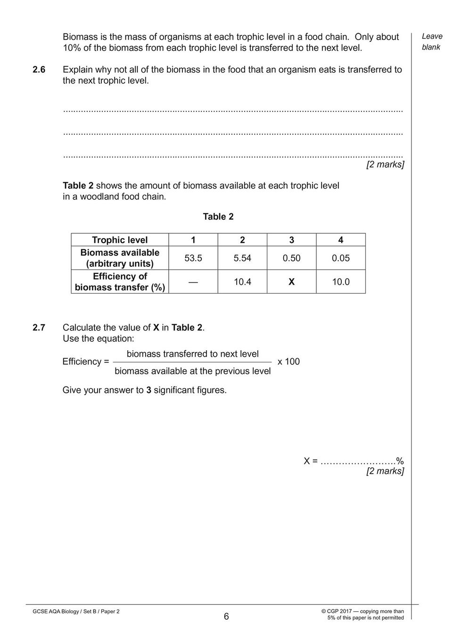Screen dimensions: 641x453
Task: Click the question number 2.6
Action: point(39,70)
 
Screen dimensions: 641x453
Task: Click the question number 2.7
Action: point(39,328)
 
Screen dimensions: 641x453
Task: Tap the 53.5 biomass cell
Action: point(193,258)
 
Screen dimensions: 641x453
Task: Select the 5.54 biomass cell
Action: point(242,258)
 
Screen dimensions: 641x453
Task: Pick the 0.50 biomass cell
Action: point(291,258)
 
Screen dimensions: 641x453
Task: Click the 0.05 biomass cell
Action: point(340,258)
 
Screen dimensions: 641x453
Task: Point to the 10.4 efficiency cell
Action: point(242,282)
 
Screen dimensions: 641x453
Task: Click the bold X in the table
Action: point(291,282)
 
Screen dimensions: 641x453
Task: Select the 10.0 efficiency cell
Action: point(340,282)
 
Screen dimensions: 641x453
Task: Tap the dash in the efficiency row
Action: point(193,281)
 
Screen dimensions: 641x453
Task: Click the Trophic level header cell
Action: point(120,240)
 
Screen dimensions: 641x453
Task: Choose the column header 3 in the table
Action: point(291,240)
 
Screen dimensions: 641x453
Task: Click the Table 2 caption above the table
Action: point(218,217)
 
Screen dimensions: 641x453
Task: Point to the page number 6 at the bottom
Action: point(226,616)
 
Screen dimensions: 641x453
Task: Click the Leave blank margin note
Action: point(432,41)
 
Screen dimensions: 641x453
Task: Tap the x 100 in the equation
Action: point(288,362)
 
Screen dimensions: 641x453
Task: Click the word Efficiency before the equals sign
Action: point(82,362)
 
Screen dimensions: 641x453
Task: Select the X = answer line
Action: point(354,461)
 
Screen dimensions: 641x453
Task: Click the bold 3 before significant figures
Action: point(148,390)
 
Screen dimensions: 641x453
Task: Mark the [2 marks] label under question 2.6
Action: point(385,164)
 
